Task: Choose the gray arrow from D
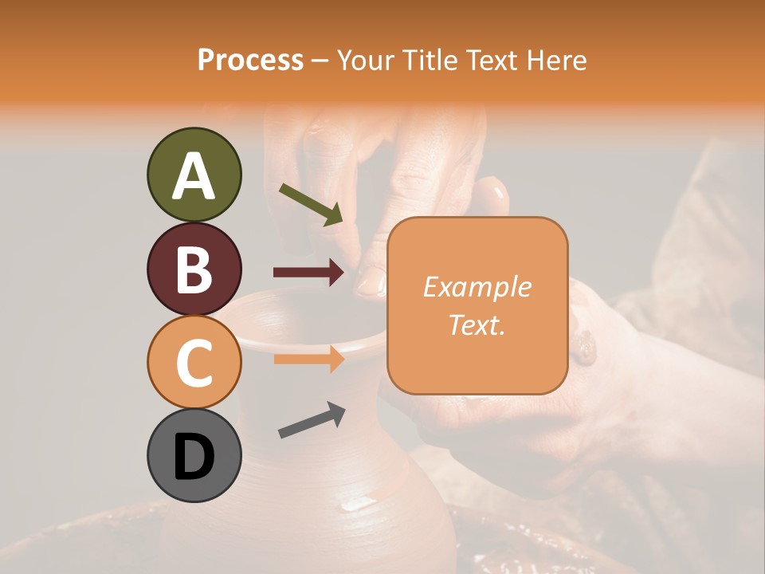pos(312,420)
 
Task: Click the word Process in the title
pos(250,60)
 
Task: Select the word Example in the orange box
pos(477,287)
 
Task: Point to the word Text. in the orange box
pos(477,324)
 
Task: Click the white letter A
pos(194,175)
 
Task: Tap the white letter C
pos(194,362)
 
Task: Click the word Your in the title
pos(367,60)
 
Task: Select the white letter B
pos(194,269)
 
